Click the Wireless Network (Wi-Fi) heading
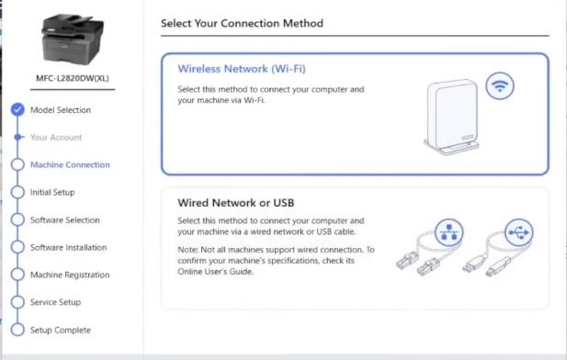[242, 69]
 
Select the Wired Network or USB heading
[236, 203]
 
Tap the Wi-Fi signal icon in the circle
[500, 86]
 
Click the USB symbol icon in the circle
[519, 232]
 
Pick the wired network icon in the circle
[448, 232]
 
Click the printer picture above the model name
[73, 39]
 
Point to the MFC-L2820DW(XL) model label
[73, 78]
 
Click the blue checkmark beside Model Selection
[17, 109]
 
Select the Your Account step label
[56, 138]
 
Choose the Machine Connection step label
[70, 164]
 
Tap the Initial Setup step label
[52, 192]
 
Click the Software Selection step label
[64, 219]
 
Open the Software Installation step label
[68, 247]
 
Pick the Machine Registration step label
[70, 275]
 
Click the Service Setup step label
[55, 302]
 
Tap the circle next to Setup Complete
[17, 330]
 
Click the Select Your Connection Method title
[242, 23]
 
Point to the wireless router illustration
[452, 117]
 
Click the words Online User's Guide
[215, 272]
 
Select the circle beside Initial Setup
[17, 192]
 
